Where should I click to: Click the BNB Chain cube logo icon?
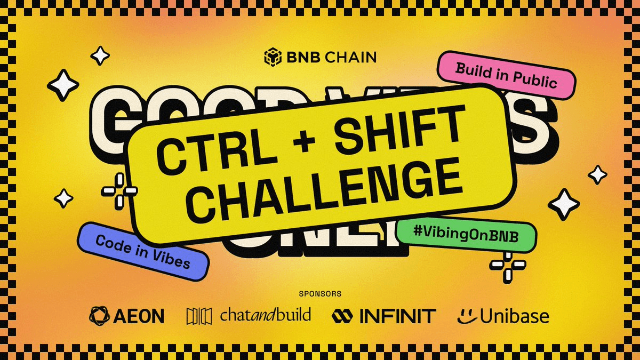(x=273, y=57)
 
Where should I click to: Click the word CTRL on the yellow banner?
(x=197, y=150)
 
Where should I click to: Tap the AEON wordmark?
(x=139, y=316)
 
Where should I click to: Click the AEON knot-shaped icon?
(x=100, y=316)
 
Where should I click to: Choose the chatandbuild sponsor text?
(x=265, y=315)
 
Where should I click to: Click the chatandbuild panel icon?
(x=199, y=316)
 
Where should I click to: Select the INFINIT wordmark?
(x=397, y=316)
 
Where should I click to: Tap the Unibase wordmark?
(x=514, y=316)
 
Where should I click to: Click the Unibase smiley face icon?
(x=467, y=316)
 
